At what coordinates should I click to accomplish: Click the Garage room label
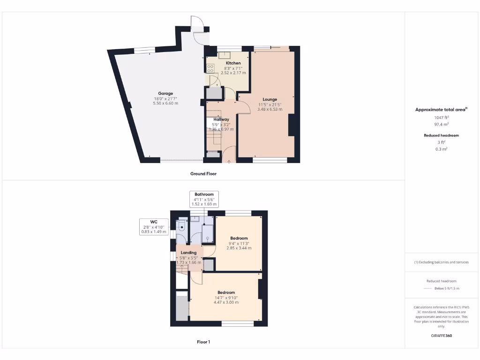click(165, 93)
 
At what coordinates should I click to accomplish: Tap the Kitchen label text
click(233, 63)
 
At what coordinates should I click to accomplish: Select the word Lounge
click(270, 99)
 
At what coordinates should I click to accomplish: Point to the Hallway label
click(222, 120)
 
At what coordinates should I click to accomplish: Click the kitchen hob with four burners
click(210, 68)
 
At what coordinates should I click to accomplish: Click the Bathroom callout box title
click(204, 195)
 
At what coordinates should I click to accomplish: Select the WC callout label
click(154, 222)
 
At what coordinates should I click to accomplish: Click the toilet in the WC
click(182, 226)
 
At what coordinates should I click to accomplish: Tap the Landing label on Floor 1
click(189, 253)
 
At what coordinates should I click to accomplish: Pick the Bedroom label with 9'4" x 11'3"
click(239, 238)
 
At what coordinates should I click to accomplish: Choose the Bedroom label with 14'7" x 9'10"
click(226, 292)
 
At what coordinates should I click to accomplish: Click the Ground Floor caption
click(203, 173)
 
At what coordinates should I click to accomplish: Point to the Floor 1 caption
click(203, 342)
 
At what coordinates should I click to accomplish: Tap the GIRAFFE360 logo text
click(442, 336)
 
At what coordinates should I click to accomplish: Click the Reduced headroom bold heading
click(441, 135)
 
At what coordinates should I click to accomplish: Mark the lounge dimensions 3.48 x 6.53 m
click(270, 109)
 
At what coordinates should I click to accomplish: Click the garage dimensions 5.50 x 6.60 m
click(166, 103)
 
